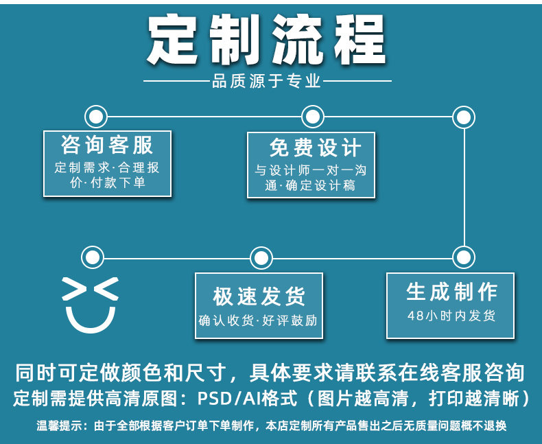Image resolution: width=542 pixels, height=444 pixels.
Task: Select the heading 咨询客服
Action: [107, 145]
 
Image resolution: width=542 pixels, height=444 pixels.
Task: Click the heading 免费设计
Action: [311, 147]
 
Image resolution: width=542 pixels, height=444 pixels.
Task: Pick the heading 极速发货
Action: [259, 296]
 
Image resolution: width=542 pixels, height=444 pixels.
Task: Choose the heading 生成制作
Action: [451, 292]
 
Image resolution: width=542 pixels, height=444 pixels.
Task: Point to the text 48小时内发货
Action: [451, 316]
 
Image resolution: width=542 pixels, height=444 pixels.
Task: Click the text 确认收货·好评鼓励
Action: [259, 320]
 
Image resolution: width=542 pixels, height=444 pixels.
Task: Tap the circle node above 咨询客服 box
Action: [95, 116]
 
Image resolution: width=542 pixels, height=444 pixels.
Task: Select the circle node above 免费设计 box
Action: [312, 116]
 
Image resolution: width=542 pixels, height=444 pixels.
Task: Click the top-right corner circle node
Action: [464, 117]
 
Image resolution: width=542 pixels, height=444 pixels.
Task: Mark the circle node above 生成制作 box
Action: [464, 257]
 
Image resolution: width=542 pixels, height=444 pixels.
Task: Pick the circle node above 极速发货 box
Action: [261, 258]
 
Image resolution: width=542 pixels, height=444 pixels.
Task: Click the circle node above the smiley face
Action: [92, 257]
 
